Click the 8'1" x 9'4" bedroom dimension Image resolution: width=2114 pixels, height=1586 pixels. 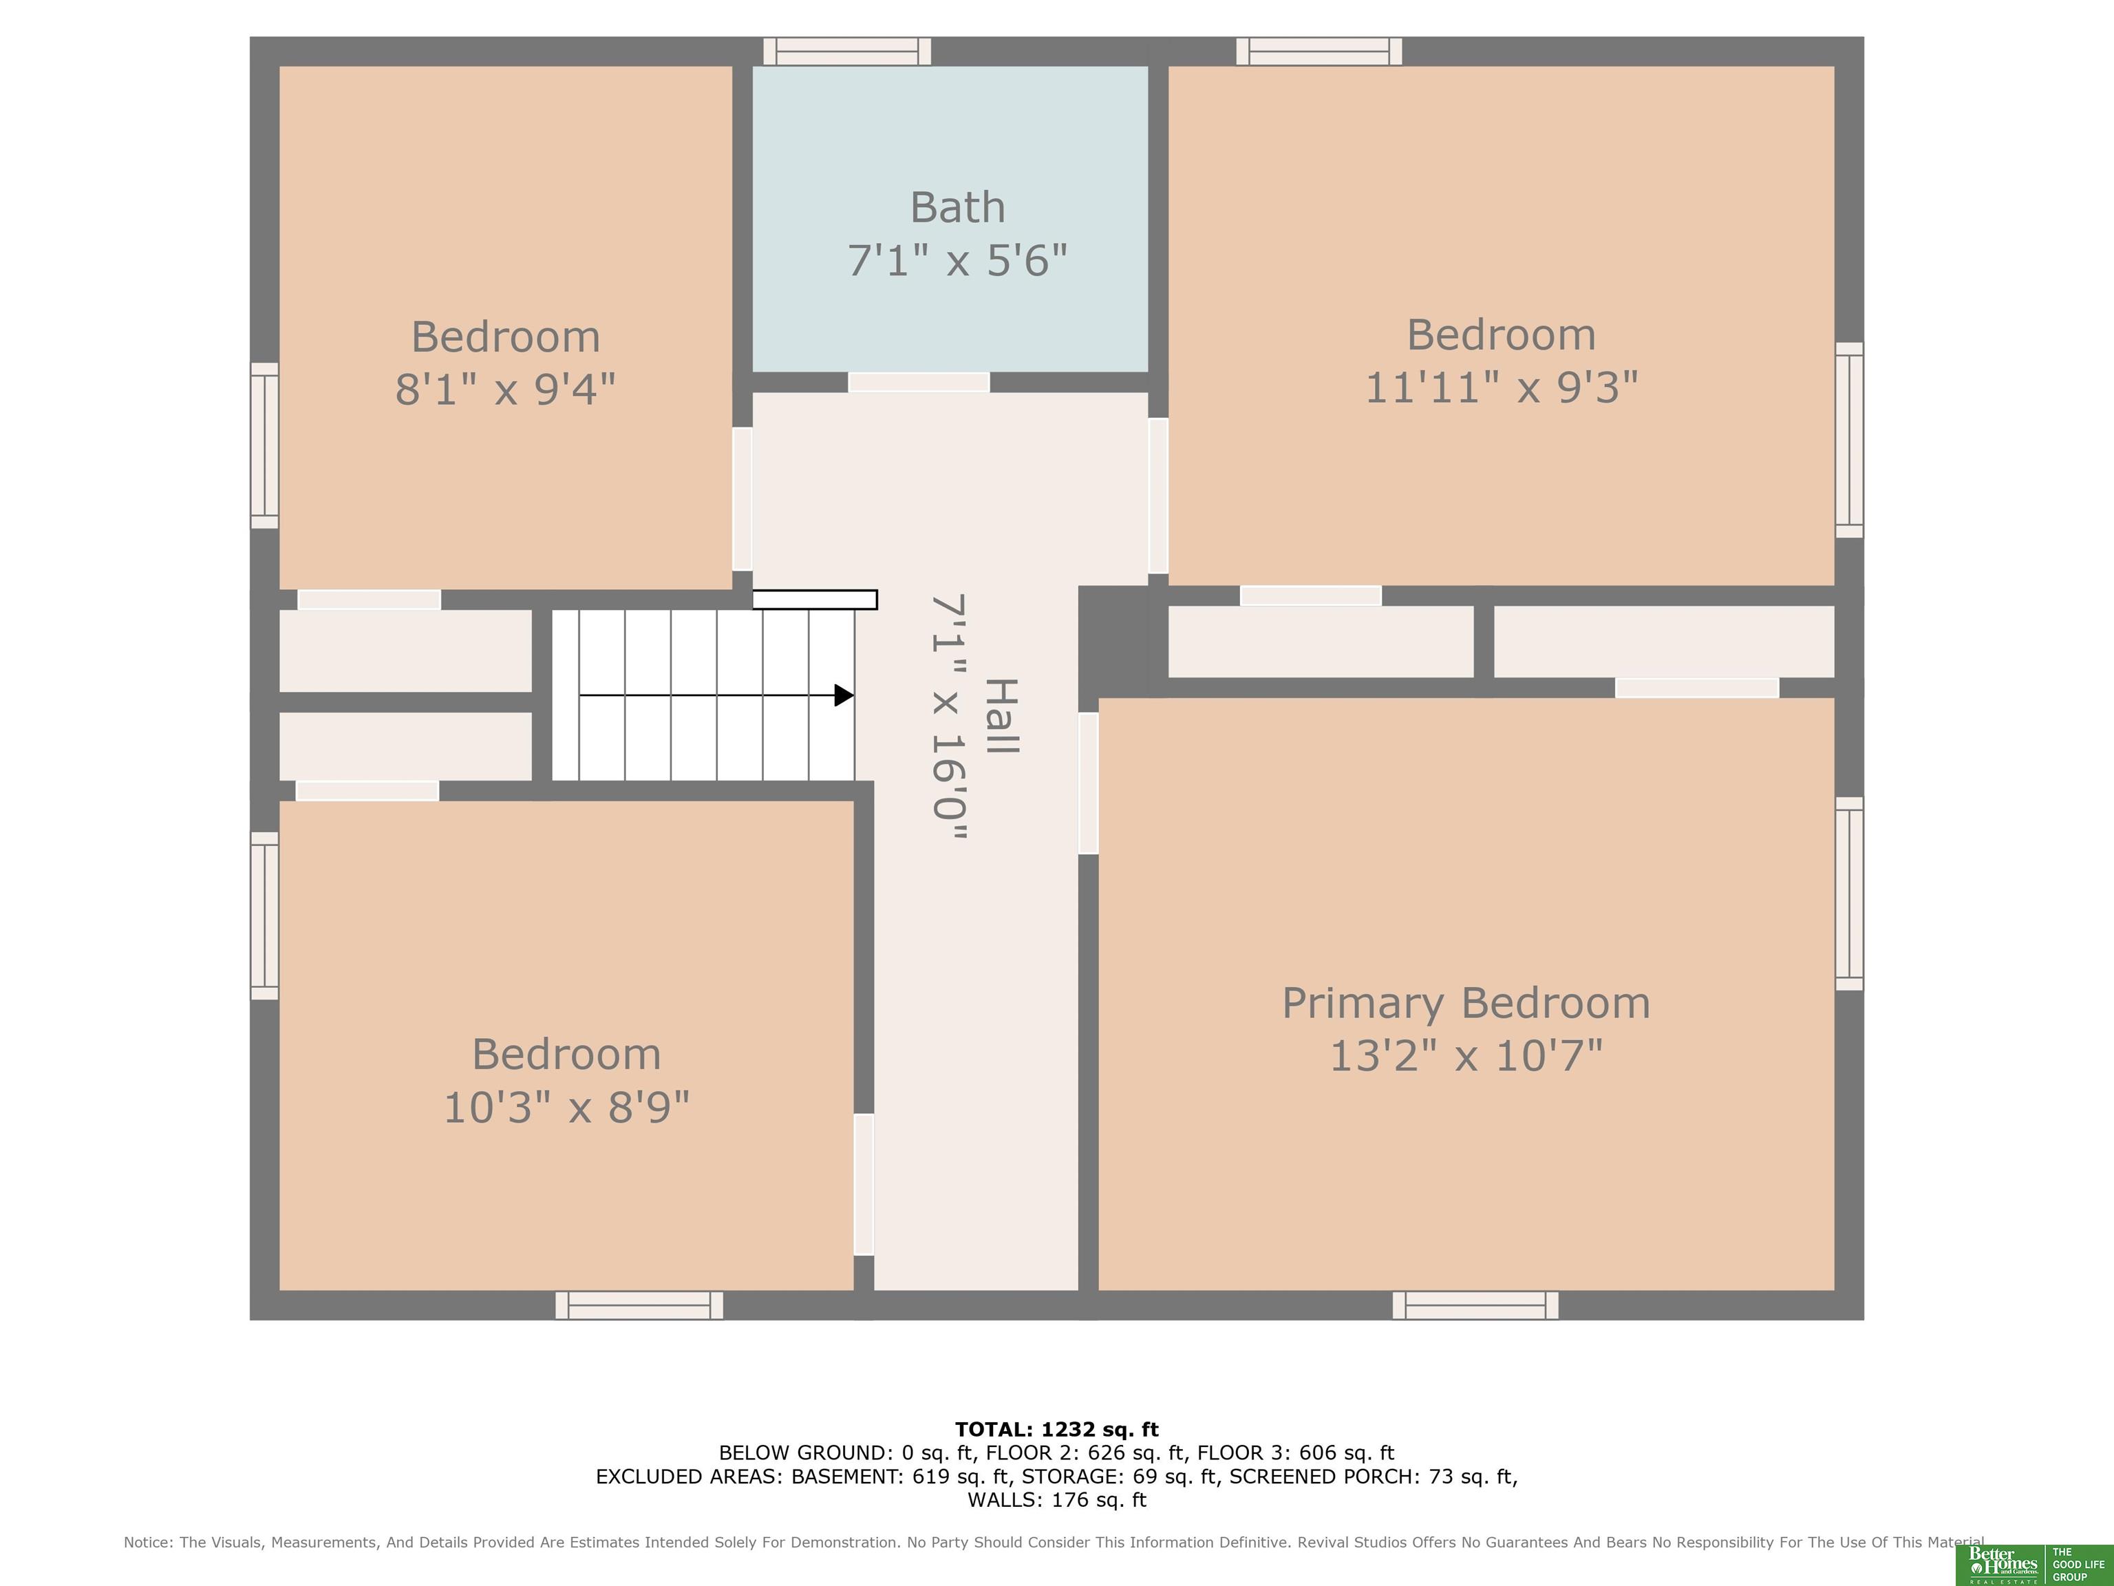coord(506,389)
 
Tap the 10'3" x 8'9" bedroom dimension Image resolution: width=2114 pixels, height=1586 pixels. coord(567,1108)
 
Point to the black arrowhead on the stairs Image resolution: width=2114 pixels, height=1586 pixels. coord(844,695)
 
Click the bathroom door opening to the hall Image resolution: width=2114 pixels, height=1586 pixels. coord(919,383)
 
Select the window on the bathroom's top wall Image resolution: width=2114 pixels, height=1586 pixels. coord(846,52)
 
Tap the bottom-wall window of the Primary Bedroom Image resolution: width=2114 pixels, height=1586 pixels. coord(1475,1305)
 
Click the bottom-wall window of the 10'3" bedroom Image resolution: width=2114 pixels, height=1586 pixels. coord(639,1305)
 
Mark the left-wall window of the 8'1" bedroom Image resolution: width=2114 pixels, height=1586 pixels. coord(265,445)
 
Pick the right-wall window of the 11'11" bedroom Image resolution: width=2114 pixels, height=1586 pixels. coord(1849,440)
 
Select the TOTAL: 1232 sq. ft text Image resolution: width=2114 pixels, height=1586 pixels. coord(1057,1429)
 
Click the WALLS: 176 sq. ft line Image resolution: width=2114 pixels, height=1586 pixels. coord(1057,1500)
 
